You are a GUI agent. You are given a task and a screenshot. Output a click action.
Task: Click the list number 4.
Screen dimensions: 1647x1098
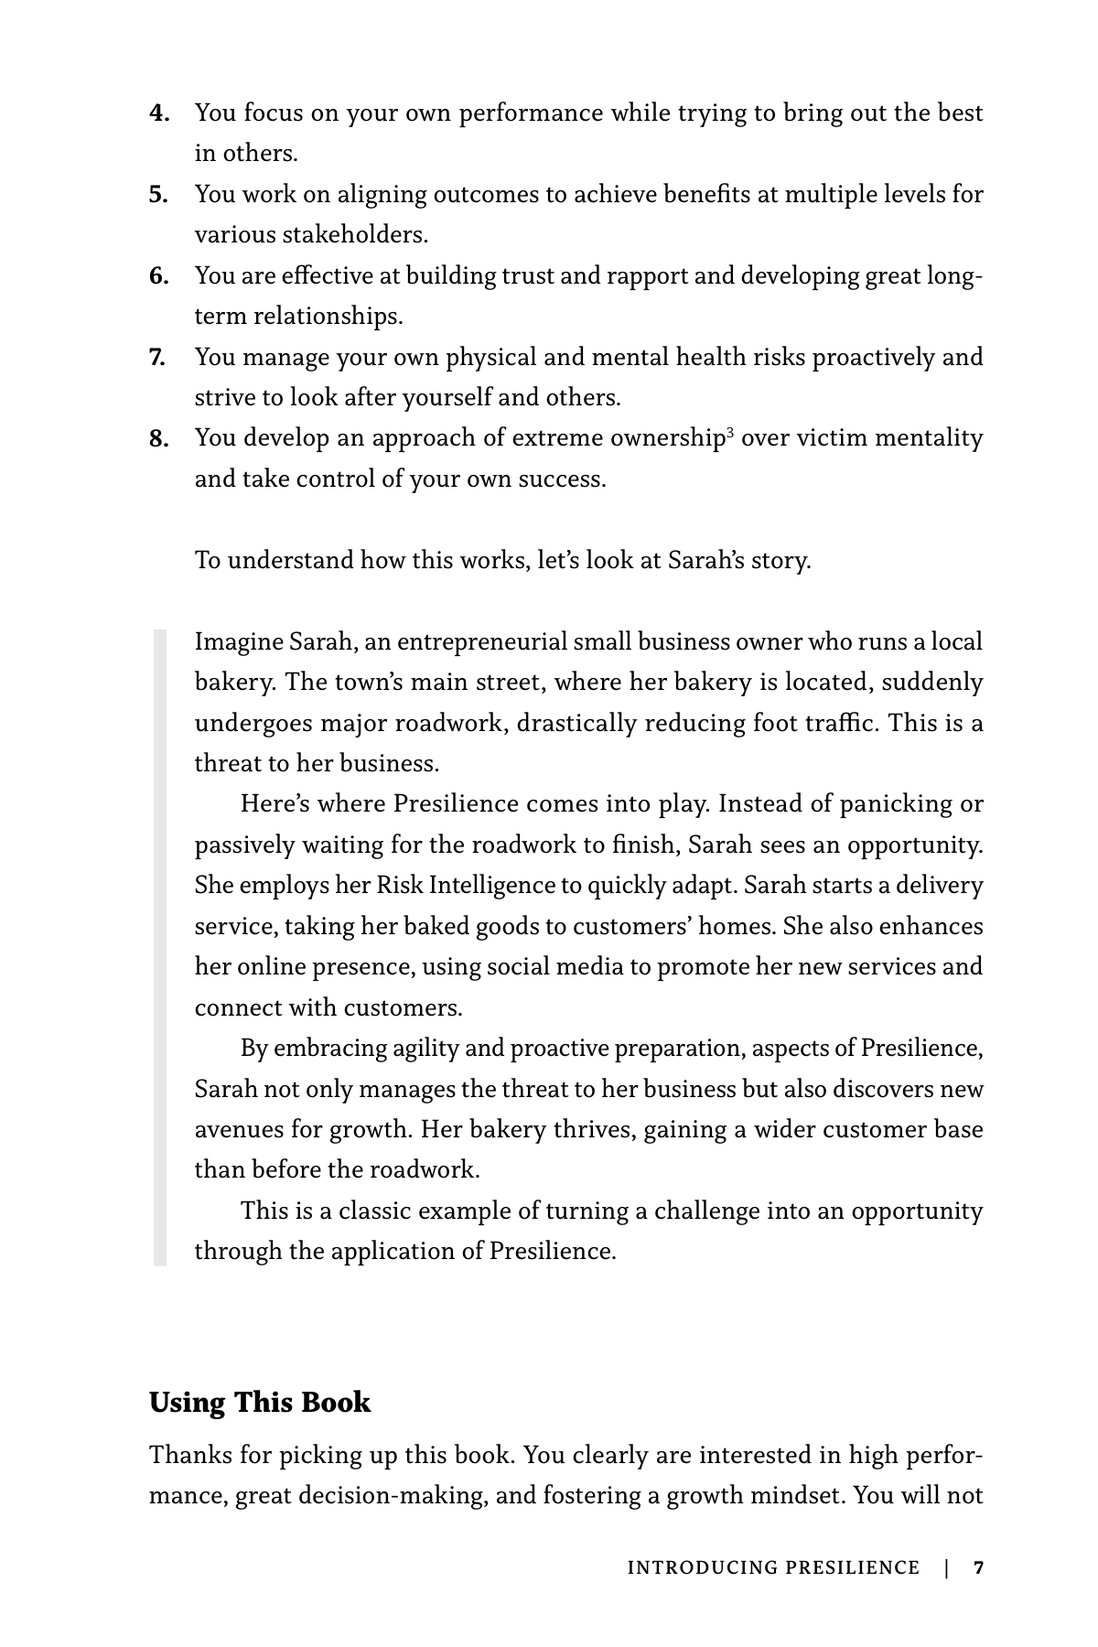[x=159, y=114]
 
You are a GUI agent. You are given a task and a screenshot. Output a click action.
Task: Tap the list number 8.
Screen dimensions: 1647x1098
[x=159, y=440]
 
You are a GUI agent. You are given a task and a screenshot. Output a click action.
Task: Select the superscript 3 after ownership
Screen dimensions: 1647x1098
[x=730, y=431]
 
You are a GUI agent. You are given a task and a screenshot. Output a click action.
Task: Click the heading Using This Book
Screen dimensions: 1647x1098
[x=260, y=1403]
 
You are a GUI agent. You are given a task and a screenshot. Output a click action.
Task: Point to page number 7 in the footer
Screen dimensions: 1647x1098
[x=978, y=1568]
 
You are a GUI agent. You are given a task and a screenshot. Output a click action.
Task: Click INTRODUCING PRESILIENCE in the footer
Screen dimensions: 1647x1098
[x=773, y=1568]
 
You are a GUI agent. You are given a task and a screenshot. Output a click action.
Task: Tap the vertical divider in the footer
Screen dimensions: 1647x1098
[x=946, y=1568]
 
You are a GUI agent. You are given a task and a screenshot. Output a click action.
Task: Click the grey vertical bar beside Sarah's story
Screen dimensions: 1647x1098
[x=160, y=947]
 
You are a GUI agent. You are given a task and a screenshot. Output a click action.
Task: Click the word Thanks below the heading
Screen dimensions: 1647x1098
[x=188, y=1455]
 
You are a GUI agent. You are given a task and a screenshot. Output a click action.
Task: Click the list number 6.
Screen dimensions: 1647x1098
[x=159, y=276]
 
